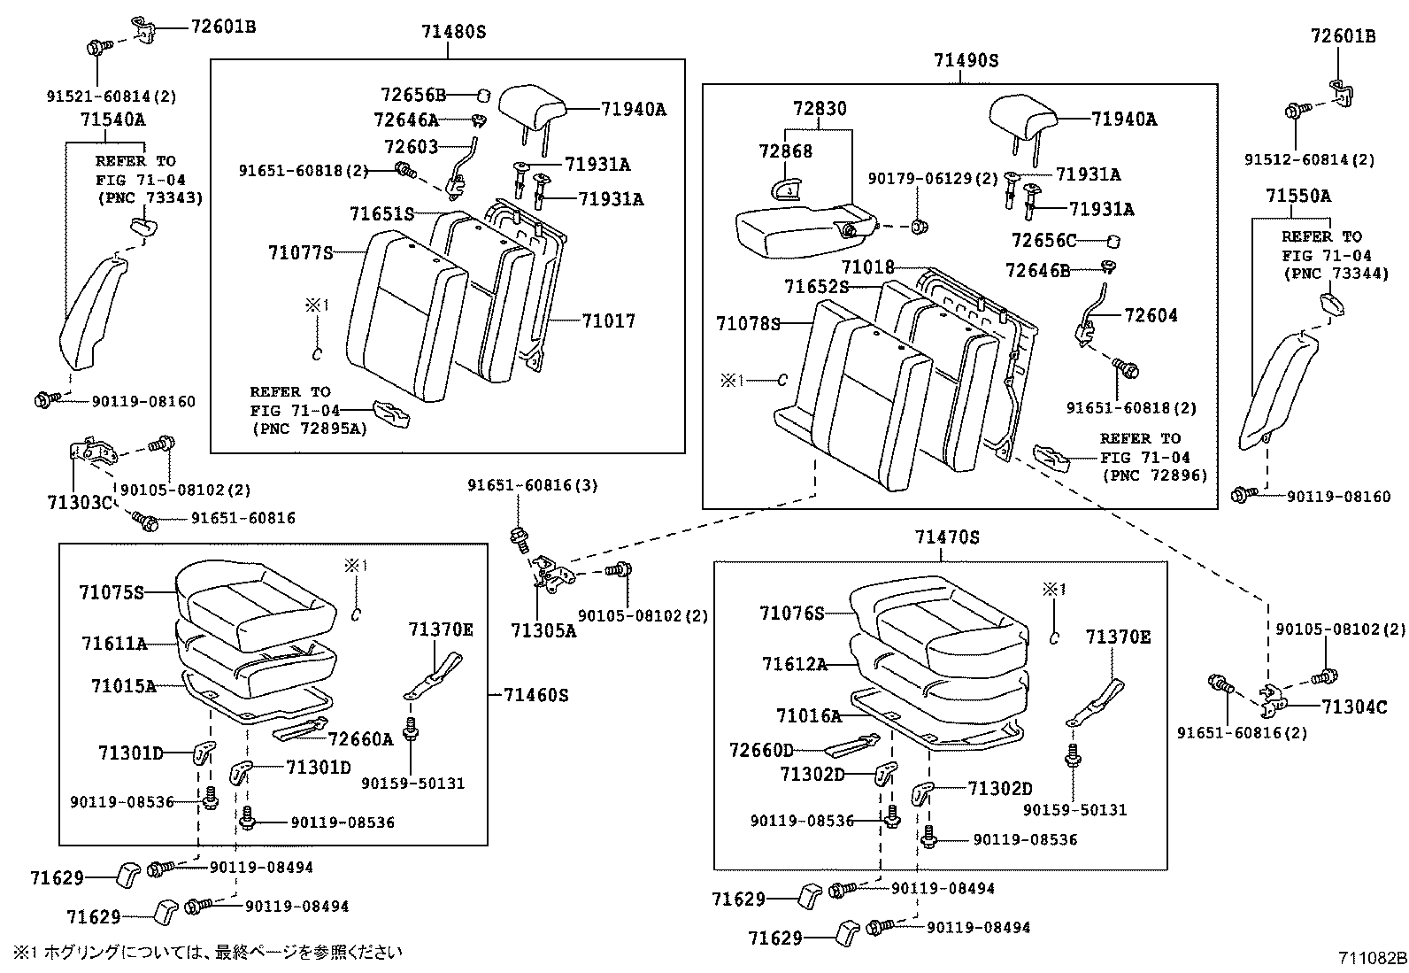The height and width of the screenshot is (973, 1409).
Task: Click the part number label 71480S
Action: click(454, 33)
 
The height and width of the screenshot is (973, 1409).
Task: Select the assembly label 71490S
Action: click(966, 60)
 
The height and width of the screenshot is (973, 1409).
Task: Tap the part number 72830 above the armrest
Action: click(820, 109)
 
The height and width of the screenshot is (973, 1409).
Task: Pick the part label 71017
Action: click(608, 320)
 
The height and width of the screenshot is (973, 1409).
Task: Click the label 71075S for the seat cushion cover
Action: click(111, 592)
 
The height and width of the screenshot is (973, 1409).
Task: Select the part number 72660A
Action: click(359, 738)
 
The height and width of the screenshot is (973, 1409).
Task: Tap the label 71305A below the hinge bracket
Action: click(543, 630)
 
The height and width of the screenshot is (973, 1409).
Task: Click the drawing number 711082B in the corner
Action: click(1372, 957)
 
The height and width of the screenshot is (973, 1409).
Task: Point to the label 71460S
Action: click(536, 695)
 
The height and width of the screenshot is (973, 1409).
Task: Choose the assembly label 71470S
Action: click(947, 537)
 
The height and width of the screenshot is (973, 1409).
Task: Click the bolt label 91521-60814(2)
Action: click(112, 95)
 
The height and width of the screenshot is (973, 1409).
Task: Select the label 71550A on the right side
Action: click(1297, 196)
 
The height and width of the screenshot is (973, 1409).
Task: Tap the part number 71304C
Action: click(1354, 706)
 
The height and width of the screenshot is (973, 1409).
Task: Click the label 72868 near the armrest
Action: click(785, 151)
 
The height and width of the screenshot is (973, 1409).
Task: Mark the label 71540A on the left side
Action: click(112, 120)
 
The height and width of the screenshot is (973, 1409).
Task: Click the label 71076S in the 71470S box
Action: click(791, 613)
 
